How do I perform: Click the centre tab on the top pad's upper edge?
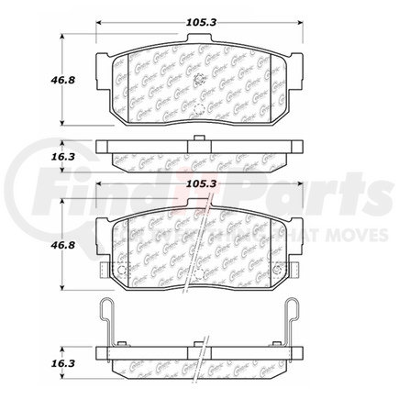tap(199, 40)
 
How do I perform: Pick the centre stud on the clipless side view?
tap(200, 139)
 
